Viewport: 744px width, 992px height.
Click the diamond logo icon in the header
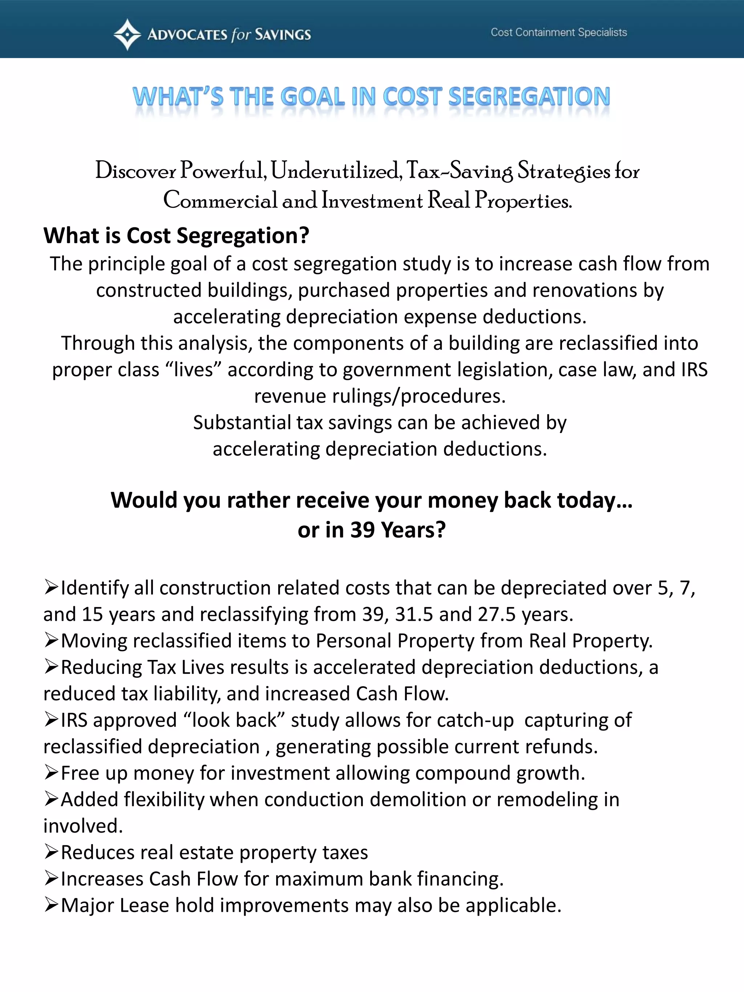click(128, 34)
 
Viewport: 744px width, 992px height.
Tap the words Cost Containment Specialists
click(558, 32)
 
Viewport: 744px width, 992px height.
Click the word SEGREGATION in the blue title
click(529, 97)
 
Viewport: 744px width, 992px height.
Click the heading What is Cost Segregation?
click(176, 235)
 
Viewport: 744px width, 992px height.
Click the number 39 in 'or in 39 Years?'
click(362, 530)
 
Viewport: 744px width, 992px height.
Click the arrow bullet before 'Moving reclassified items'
click(51, 640)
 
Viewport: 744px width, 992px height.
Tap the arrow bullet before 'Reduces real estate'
click(51, 852)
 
